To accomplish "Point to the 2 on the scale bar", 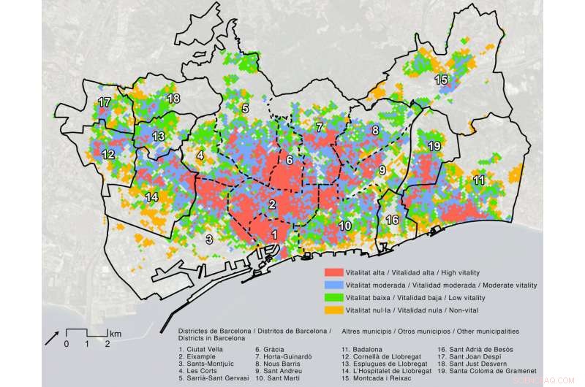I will (107, 343).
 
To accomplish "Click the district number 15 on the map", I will (441, 79).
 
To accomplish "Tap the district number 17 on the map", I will (105, 102).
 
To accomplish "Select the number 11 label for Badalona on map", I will (479, 180).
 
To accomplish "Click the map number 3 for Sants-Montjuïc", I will (209, 239).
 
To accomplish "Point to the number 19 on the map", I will (434, 147).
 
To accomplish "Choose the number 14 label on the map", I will (152, 196).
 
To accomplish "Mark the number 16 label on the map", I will (393, 220).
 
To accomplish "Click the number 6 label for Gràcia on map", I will (290, 160).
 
